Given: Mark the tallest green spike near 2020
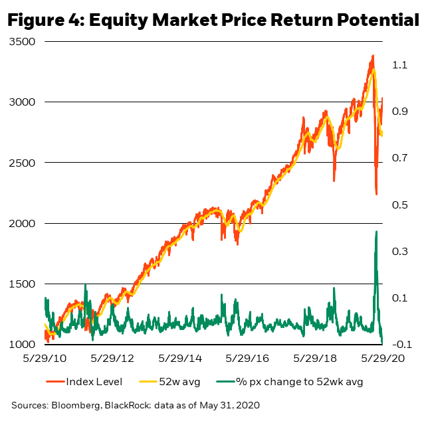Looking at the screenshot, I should coord(377,232).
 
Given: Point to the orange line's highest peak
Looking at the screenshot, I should coord(373,56).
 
